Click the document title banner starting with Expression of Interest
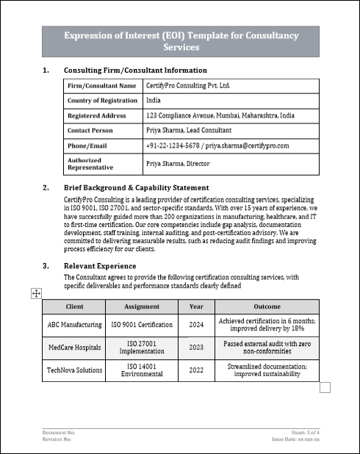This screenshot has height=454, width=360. [180, 41]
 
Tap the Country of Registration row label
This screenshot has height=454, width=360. [102, 101]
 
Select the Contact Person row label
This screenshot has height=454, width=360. [90, 130]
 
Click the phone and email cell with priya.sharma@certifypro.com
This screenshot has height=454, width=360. [217, 145]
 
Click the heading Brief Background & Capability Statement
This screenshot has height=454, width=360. [136, 188]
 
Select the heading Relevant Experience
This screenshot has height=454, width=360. [100, 265]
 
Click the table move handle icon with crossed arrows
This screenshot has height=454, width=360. [35, 294]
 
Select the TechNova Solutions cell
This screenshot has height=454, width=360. [74, 370]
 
